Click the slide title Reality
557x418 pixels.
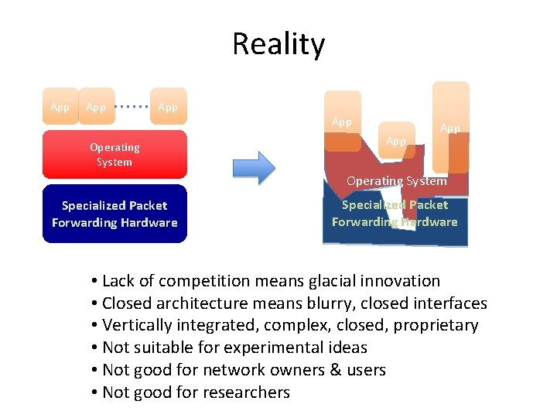click(x=278, y=44)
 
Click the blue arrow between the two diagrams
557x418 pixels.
click(x=254, y=166)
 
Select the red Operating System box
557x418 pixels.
click(x=114, y=155)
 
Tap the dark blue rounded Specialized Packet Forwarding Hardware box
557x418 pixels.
click(x=114, y=214)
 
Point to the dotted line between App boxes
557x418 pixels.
click(x=132, y=107)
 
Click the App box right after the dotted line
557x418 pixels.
click(x=168, y=107)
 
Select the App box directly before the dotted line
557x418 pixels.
click(x=96, y=107)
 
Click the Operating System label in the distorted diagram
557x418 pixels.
click(x=396, y=181)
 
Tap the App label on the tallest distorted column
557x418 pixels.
click(x=450, y=128)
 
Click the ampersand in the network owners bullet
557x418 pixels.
click(x=335, y=370)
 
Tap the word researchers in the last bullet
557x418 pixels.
click(x=248, y=392)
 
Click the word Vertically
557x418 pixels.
click(x=136, y=325)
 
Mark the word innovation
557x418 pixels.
click(x=402, y=281)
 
